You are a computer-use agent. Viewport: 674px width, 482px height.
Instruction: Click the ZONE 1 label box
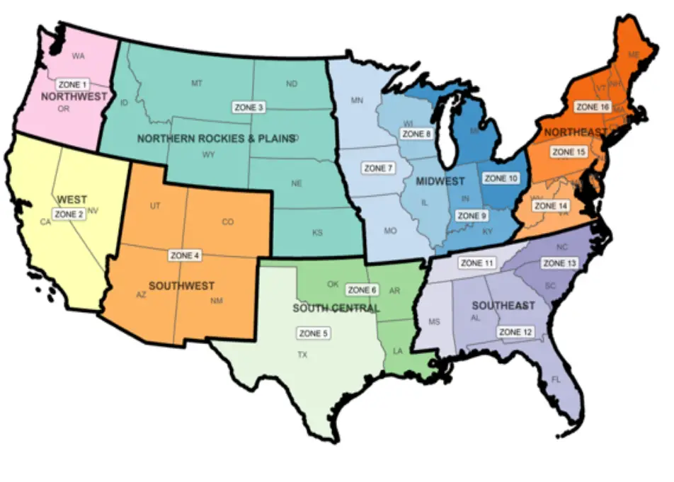coord(74,84)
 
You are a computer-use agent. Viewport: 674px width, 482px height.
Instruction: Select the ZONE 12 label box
coord(515,331)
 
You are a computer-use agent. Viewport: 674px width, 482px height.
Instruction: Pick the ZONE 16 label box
coord(592,107)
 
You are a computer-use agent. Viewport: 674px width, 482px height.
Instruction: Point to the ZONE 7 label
coord(377,168)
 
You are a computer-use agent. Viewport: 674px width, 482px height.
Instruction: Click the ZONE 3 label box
coord(249,108)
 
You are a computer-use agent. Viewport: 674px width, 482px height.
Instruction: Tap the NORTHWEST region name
coord(74,96)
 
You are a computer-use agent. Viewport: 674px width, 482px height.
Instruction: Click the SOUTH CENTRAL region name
coord(336,309)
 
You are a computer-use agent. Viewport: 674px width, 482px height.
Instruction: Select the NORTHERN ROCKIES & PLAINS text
coord(215,139)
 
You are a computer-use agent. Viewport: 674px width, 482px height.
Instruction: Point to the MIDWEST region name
coord(440,182)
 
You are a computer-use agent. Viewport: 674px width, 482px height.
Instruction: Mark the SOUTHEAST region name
coord(503,306)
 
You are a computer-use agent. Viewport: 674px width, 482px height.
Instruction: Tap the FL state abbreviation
coord(556,380)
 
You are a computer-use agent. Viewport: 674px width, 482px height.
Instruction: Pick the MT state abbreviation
coord(197,84)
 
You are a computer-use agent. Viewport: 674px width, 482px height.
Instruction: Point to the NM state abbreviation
coord(216,301)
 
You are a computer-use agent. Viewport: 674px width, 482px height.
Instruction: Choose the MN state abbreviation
coord(358,101)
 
